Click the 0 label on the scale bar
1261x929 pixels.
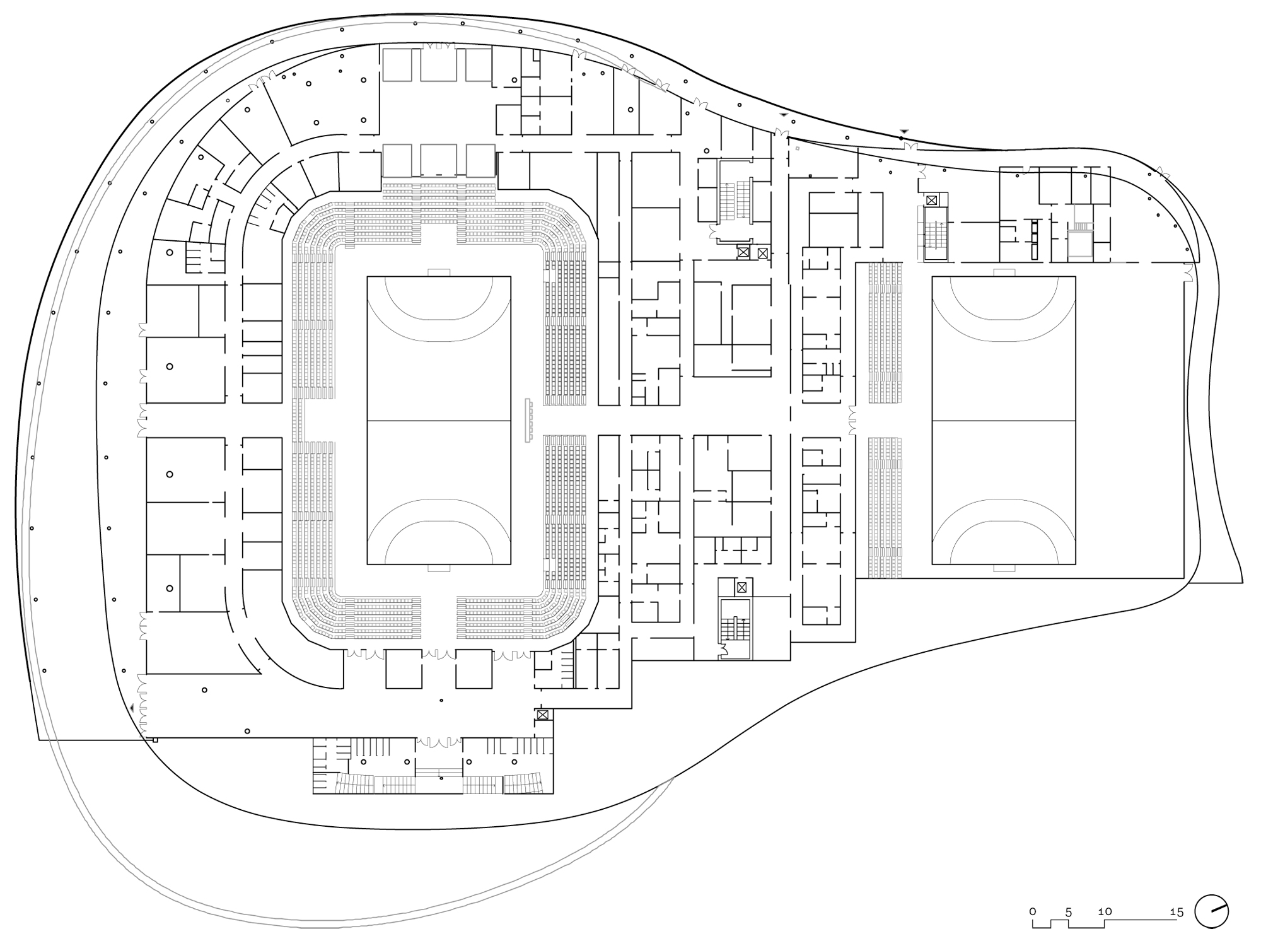click(x=1033, y=911)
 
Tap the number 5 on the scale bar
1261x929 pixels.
click(x=1069, y=911)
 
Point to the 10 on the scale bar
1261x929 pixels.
click(x=1105, y=911)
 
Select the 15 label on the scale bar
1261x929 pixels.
click(x=1177, y=911)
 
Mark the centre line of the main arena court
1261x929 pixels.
click(x=439, y=420)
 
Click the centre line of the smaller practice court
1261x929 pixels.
click(x=1004, y=420)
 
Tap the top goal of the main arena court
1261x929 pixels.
click(x=439, y=273)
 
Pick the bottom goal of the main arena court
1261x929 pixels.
click(x=439, y=568)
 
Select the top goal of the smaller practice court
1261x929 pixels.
click(x=1004, y=273)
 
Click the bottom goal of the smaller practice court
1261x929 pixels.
click(x=1004, y=568)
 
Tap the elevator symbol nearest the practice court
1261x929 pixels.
click(x=932, y=200)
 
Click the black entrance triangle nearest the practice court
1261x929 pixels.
click(x=904, y=131)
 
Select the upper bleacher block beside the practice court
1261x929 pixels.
click(x=885, y=333)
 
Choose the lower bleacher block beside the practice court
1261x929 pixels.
click(x=885, y=508)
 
